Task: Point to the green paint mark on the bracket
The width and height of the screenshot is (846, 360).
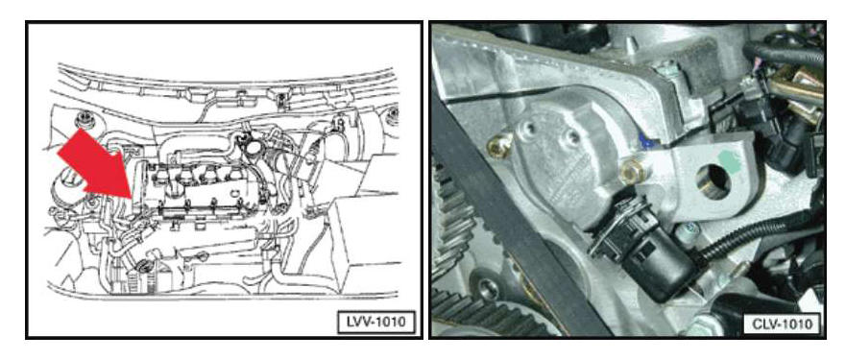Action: pos(732,159)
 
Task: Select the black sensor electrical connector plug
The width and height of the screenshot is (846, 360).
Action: pos(642,249)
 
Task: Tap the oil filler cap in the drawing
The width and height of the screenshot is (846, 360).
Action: pos(251,145)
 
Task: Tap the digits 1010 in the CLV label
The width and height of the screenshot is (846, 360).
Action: pos(797,324)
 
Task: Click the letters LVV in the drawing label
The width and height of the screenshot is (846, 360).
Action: pos(355,323)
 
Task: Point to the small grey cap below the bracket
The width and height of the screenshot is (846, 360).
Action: pos(688,231)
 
